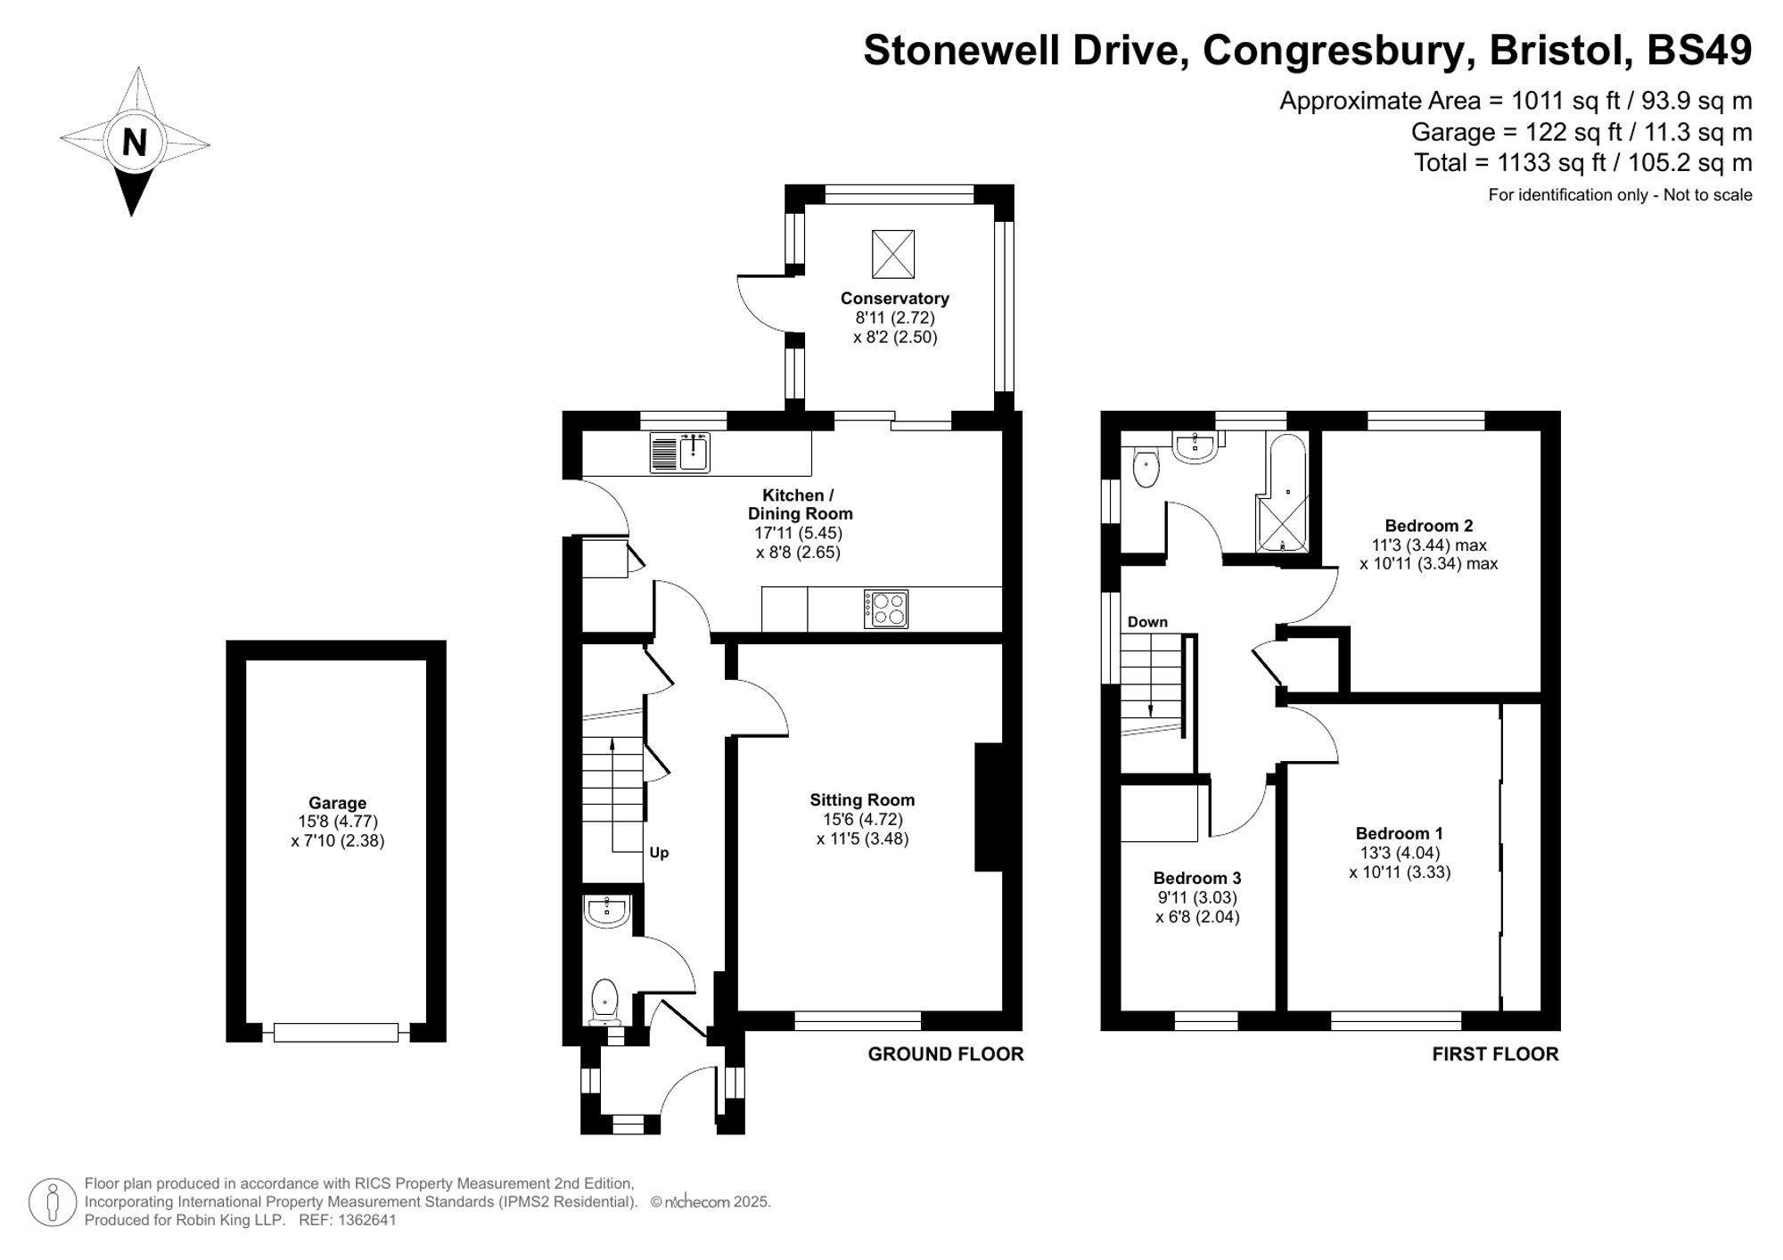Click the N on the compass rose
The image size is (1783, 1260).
pyautogui.click(x=134, y=143)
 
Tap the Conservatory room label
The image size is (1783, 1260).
pyautogui.click(x=894, y=299)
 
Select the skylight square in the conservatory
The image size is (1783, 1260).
pyautogui.click(x=893, y=253)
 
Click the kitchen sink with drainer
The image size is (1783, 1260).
pyautogui.click(x=680, y=452)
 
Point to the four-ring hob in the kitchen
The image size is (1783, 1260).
pyautogui.click(x=886, y=610)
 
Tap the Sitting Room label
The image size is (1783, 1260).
pyautogui.click(x=862, y=800)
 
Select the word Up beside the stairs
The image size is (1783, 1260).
pyautogui.click(x=659, y=853)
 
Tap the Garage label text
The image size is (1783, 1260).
pyautogui.click(x=337, y=803)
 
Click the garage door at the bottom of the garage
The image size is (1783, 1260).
pyautogui.click(x=336, y=1033)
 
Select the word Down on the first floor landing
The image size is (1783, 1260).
pyautogui.click(x=1147, y=622)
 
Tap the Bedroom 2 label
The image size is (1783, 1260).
pyautogui.click(x=1429, y=526)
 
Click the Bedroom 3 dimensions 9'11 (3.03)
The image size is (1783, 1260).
pyautogui.click(x=1197, y=897)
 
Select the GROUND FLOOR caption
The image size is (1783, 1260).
pyautogui.click(x=946, y=1054)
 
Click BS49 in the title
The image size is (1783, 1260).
pyautogui.click(x=1699, y=50)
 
